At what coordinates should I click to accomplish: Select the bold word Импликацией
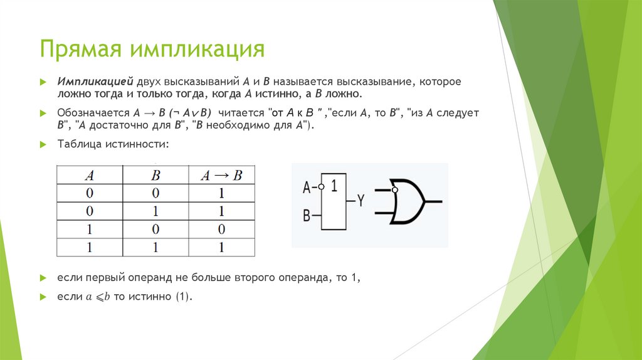(x=93, y=82)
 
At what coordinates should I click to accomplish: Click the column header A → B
(x=221, y=176)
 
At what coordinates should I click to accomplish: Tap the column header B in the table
(x=155, y=176)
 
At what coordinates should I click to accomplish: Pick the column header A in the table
(x=90, y=176)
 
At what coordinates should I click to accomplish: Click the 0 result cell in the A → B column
(x=221, y=230)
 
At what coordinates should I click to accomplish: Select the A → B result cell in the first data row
(x=221, y=194)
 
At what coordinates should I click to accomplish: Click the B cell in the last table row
(x=155, y=248)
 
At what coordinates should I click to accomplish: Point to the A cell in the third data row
(x=90, y=230)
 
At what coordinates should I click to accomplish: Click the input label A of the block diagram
(x=307, y=187)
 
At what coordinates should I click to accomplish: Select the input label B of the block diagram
(x=307, y=216)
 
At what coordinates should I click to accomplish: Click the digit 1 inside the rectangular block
(x=334, y=186)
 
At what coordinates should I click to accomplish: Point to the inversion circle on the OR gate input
(x=394, y=190)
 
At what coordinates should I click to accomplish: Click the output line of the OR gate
(x=434, y=202)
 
